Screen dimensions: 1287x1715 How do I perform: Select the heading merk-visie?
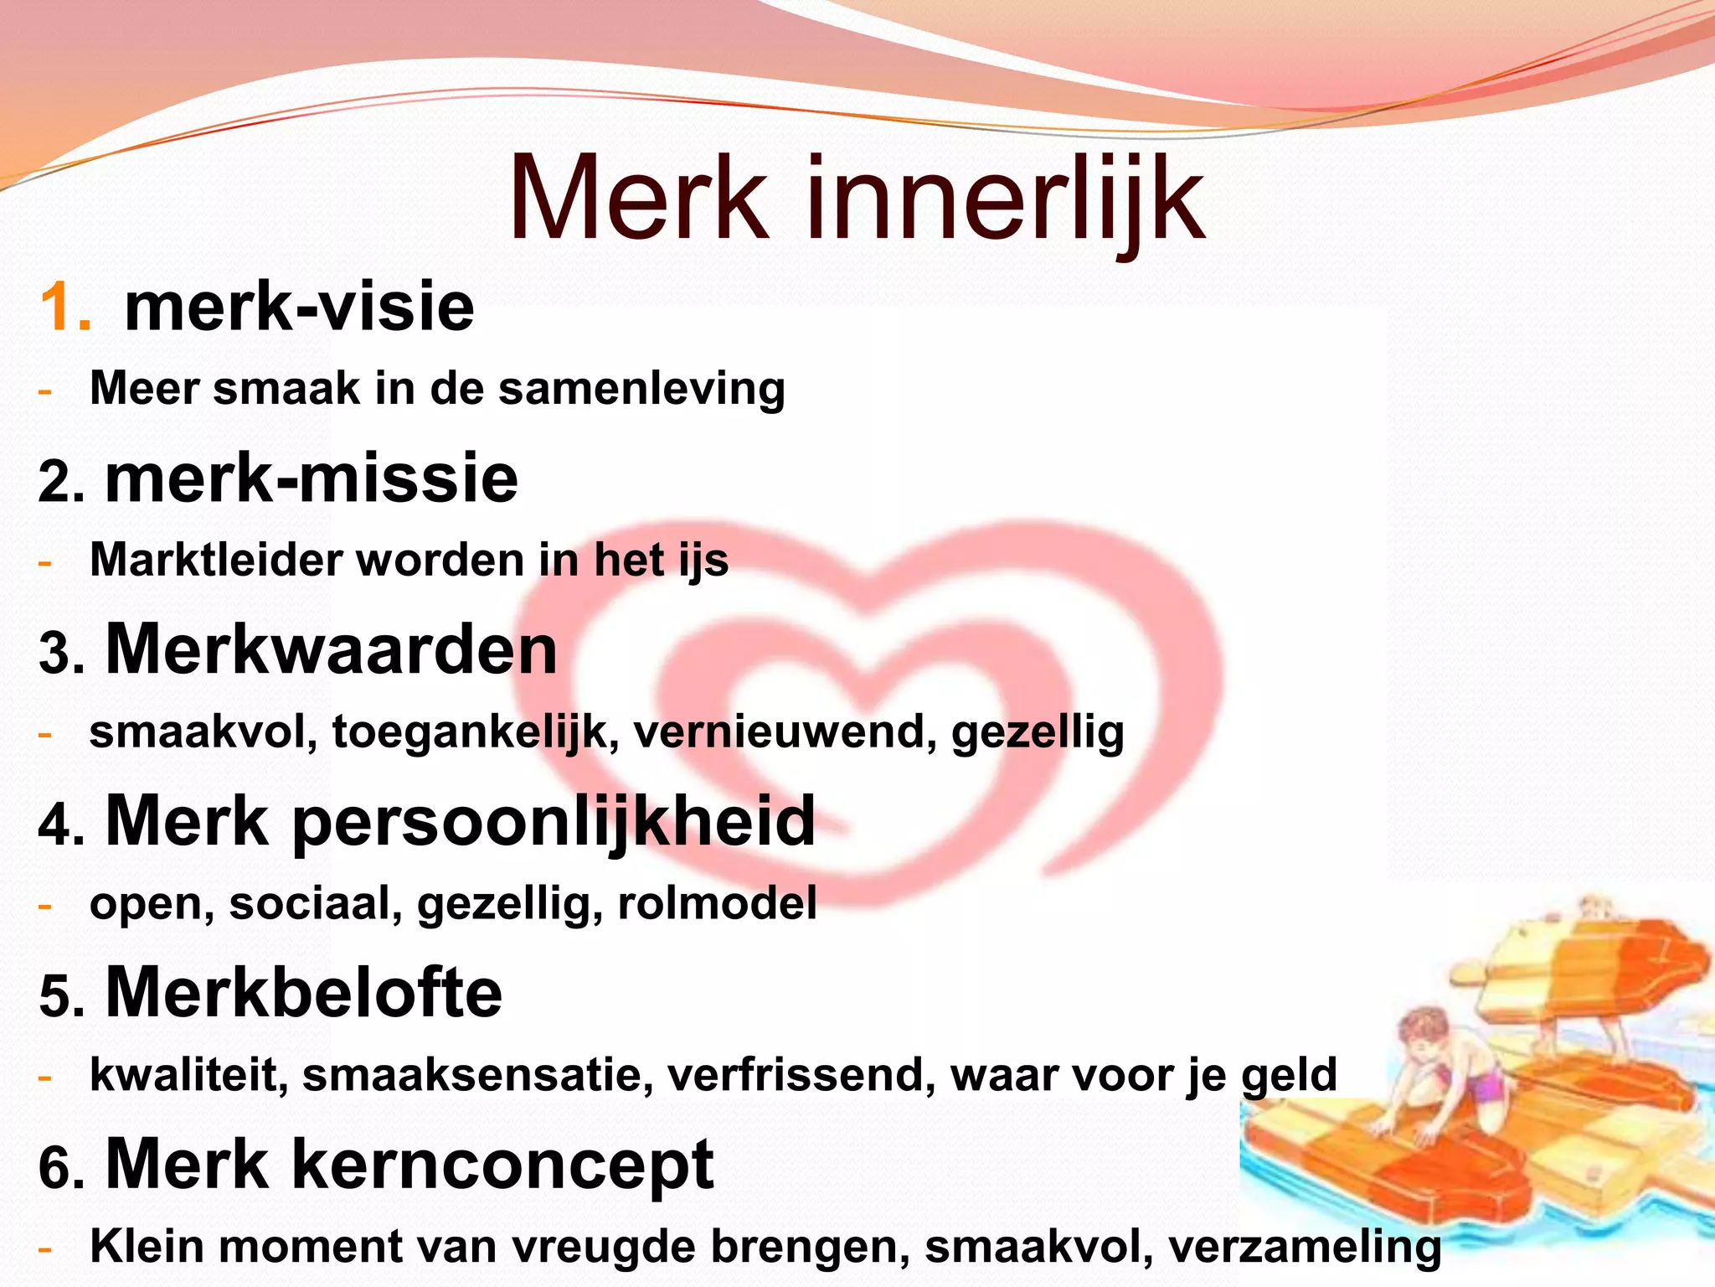[x=299, y=308]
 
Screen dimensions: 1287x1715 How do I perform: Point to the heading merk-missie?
[x=312, y=478]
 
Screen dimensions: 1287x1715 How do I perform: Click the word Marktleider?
[x=215, y=560]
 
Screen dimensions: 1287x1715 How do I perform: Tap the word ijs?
[x=703, y=561]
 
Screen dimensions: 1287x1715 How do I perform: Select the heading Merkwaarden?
[x=331, y=649]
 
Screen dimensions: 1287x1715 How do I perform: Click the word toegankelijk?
[x=475, y=733]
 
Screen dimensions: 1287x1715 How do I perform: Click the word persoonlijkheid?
[x=553, y=822]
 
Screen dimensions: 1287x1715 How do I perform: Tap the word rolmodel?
[x=717, y=903]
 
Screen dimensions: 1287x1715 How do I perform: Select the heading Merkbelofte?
[x=303, y=993]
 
